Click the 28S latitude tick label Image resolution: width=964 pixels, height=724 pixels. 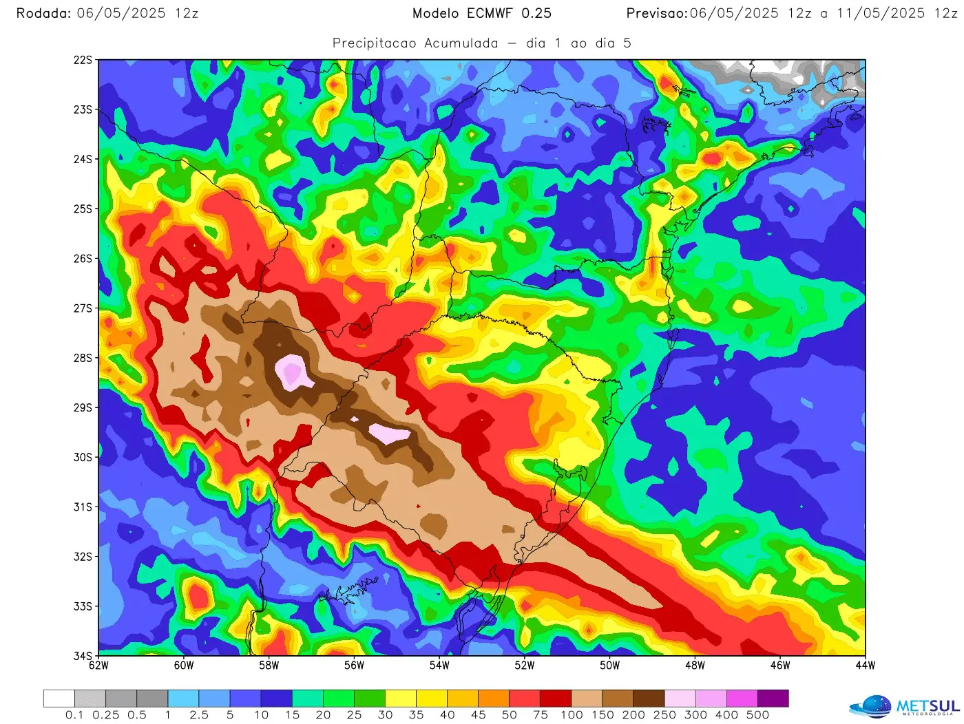click(x=83, y=358)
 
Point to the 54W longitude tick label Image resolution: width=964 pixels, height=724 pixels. click(x=439, y=666)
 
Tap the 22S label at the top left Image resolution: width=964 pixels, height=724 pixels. click(x=83, y=60)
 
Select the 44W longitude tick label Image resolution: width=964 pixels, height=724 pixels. click(x=865, y=666)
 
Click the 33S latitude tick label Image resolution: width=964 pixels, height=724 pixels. click(x=83, y=606)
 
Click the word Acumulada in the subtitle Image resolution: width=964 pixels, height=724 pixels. click(x=461, y=43)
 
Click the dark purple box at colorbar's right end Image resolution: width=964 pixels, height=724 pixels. click(x=773, y=699)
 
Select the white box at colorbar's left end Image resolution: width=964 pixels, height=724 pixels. click(x=59, y=699)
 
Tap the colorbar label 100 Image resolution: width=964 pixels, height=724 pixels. click(x=572, y=715)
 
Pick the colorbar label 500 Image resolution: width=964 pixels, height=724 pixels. click(x=757, y=715)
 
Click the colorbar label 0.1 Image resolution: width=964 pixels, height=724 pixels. click(x=74, y=715)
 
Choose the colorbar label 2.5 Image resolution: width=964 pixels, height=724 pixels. click(x=199, y=715)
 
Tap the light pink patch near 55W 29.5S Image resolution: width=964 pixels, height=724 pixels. click(x=388, y=434)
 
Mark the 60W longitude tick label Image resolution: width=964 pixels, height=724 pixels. click(x=184, y=666)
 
